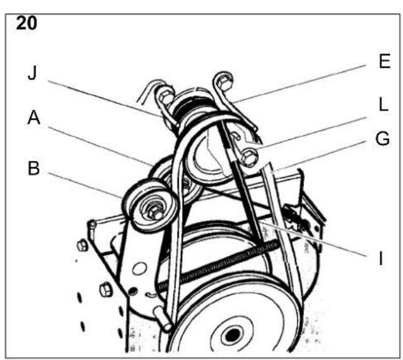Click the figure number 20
click(x=26, y=23)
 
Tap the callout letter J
click(x=33, y=73)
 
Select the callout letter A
click(x=34, y=118)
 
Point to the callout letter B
click(x=34, y=168)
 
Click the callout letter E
click(x=385, y=61)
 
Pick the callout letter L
click(x=384, y=105)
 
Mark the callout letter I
click(x=381, y=258)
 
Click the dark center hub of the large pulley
click(x=233, y=335)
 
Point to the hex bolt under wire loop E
click(x=224, y=82)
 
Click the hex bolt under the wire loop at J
click(x=166, y=97)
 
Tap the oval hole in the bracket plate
click(x=139, y=268)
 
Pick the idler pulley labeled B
click(x=150, y=205)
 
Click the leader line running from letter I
click(x=312, y=238)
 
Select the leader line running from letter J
click(x=105, y=99)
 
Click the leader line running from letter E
click(x=299, y=84)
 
